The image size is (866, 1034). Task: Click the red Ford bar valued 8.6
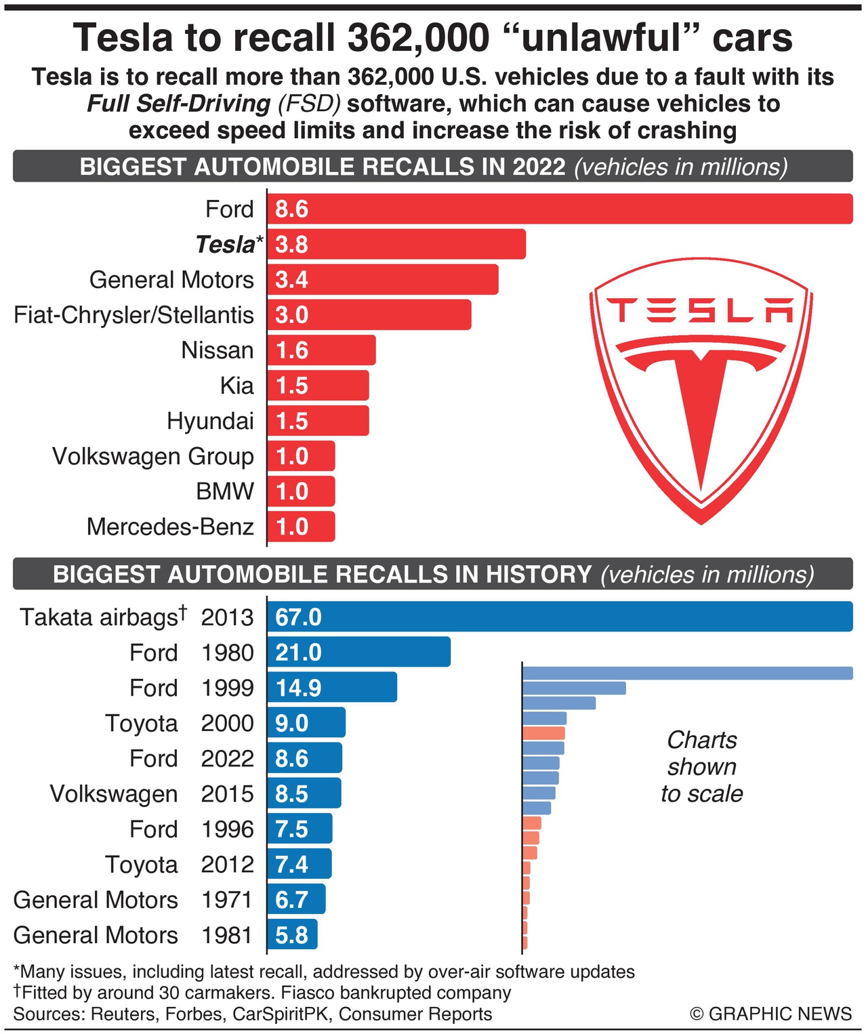559,209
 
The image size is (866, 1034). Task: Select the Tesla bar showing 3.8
396,244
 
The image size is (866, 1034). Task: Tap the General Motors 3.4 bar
383,280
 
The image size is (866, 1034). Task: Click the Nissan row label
218,350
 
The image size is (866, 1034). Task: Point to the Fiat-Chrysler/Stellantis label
134,315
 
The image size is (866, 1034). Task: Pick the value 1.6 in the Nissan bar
292,350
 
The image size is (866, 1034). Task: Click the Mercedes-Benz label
170,526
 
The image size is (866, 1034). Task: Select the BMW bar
301,491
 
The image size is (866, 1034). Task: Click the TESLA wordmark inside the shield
701,310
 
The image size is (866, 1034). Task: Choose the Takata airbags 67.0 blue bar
559,617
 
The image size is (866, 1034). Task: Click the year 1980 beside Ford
227,653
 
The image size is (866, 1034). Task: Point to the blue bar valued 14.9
332,688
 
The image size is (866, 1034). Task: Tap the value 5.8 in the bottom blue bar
292,935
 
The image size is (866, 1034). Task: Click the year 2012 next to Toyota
227,865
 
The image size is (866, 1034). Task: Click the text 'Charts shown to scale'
702,766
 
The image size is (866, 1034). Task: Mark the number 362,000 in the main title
418,37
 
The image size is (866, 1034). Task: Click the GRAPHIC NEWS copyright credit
771,1014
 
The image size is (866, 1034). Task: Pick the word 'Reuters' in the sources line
122,1014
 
